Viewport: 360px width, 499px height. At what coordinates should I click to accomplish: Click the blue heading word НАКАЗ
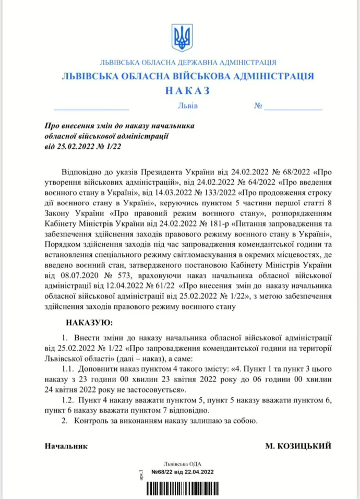click(x=187, y=91)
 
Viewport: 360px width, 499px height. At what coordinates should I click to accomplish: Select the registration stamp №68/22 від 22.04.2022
click(x=182, y=471)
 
